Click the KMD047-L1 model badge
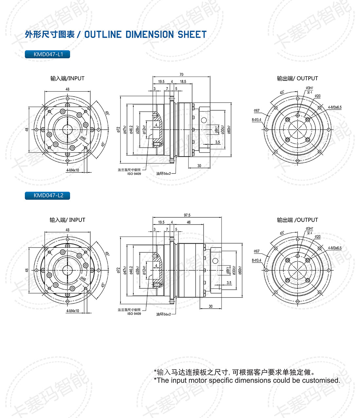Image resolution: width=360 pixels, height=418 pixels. [47, 54]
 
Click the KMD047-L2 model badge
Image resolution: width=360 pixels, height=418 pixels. [47, 195]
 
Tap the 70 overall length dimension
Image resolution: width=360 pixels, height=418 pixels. [181, 75]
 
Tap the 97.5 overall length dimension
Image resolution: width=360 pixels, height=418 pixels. [187, 215]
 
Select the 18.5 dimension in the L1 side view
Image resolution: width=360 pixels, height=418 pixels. [183, 82]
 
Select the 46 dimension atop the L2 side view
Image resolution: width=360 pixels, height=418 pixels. [189, 222]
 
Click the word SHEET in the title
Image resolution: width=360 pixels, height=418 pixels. [192, 34]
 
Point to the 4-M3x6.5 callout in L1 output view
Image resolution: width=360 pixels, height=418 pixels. [334, 107]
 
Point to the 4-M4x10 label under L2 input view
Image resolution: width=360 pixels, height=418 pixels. [73, 311]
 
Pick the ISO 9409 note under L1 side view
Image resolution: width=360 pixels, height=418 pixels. [134, 174]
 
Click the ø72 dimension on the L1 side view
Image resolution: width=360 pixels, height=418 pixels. [119, 130]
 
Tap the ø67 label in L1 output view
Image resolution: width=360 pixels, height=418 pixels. [257, 111]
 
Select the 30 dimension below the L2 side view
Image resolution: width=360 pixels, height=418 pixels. [210, 306]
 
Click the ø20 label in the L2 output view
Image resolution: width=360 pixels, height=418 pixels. [317, 237]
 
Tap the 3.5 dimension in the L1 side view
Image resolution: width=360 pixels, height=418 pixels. [218, 142]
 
